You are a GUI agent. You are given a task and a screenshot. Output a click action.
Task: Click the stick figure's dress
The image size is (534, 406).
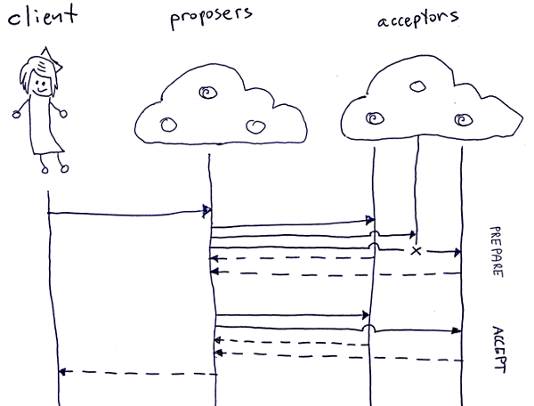click(x=44, y=129)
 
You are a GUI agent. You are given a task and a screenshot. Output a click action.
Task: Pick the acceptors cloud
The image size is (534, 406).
click(x=417, y=108)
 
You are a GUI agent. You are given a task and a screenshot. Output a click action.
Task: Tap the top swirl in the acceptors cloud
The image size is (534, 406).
click(x=416, y=86)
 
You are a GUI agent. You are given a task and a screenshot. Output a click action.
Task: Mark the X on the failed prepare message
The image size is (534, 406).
click(x=416, y=252)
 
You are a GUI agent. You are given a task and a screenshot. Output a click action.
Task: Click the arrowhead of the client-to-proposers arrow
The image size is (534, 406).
click(x=206, y=211)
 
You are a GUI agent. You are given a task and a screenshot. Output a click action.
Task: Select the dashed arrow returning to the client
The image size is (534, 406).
click(x=133, y=371)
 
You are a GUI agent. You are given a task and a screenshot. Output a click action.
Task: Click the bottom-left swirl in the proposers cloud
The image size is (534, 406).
click(x=166, y=124)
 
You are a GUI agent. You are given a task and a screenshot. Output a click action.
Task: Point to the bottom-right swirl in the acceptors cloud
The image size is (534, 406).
click(x=460, y=118)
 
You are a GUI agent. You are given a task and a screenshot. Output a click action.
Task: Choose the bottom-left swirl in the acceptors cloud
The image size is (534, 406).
click(x=373, y=117)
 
